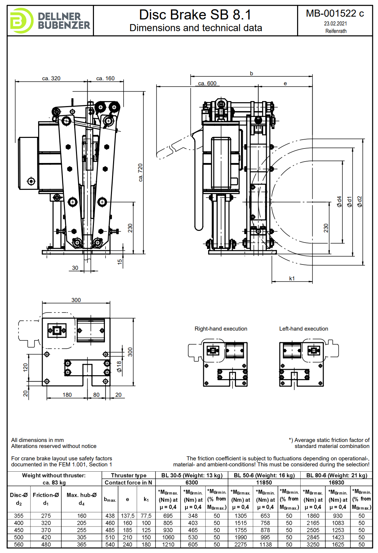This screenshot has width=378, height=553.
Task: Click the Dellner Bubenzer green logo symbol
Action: coord(22,21)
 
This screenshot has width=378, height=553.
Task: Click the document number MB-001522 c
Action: coord(335,13)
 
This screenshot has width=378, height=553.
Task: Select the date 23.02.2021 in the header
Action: coord(335,24)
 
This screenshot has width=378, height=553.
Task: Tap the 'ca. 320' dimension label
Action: coord(51,78)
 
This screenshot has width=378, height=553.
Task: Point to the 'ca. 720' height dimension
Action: coord(140,172)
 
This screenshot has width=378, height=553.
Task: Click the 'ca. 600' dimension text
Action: coord(207,83)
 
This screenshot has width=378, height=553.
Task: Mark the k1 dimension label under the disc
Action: coord(292,278)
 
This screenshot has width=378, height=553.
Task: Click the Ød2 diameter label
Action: coord(359,202)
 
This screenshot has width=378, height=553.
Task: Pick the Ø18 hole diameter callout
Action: coord(119,367)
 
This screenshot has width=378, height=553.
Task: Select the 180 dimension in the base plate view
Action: coord(67,395)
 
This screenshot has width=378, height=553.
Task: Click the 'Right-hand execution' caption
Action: coord(221,328)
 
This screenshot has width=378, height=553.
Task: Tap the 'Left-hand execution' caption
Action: coord(303,328)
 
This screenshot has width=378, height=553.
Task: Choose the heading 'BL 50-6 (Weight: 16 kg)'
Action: coord(264,475)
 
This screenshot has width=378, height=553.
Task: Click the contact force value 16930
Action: coord(336,482)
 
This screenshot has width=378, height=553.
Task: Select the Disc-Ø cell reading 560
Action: coord(19,545)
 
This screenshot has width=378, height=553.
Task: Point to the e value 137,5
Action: coord(128,516)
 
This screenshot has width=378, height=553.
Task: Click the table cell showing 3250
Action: coord(313,545)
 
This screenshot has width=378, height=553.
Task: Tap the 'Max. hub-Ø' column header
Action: coord(81,495)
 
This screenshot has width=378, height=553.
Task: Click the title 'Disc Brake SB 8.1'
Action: coord(195,14)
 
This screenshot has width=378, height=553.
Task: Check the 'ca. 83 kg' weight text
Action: coord(54,482)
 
